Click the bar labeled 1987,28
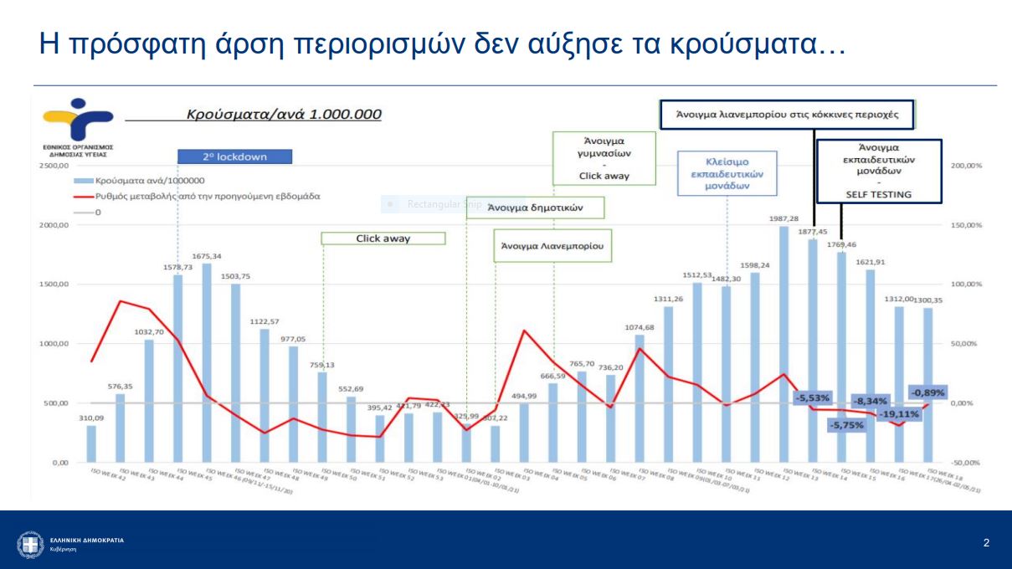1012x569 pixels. [783, 344]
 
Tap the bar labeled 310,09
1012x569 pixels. [91, 443]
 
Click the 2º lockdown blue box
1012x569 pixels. [234, 156]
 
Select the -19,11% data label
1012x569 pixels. [899, 413]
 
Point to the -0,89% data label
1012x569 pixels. [928, 392]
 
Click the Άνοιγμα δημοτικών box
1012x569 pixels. [535, 207]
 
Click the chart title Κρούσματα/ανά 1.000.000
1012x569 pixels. [284, 114]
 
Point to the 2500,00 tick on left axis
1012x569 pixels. [53, 166]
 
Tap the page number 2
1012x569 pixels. [986, 544]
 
